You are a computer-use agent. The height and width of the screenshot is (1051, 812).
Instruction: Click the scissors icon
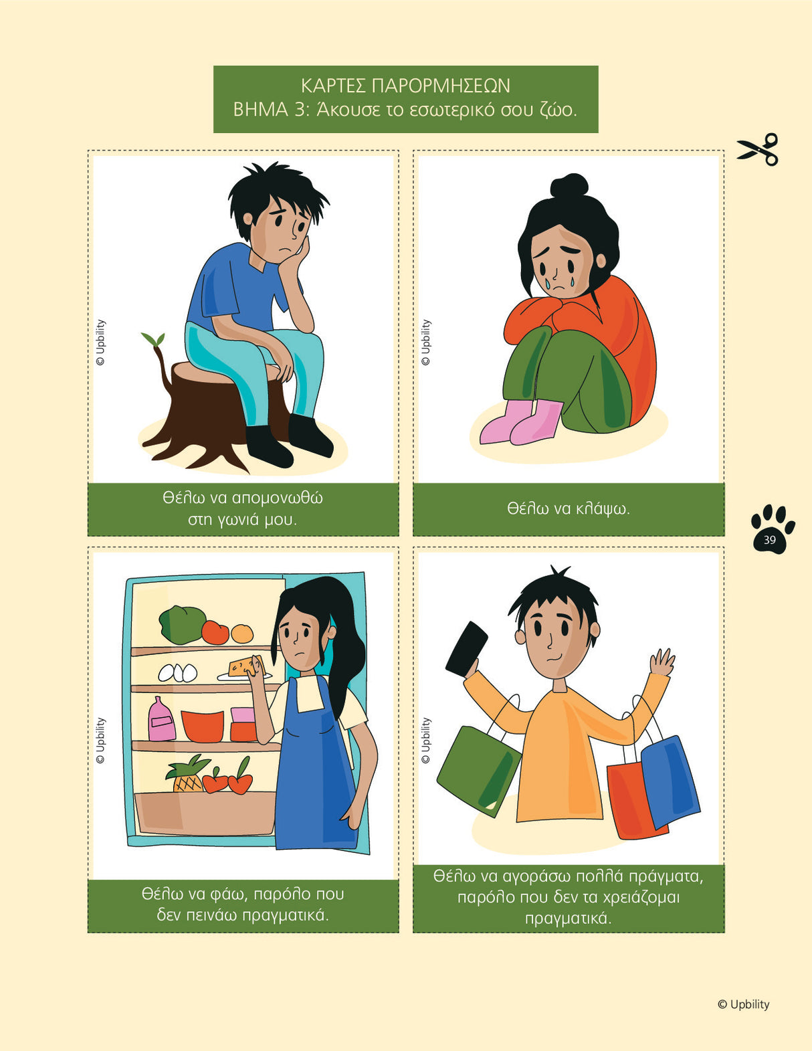point(757,149)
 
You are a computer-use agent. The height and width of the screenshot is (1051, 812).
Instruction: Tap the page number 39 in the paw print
point(769,539)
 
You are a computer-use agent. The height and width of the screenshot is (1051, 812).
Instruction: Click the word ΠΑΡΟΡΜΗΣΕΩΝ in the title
point(441,86)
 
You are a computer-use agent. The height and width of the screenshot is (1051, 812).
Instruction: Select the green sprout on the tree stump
point(153,339)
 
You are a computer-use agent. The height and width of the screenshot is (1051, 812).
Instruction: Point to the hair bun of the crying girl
point(569,185)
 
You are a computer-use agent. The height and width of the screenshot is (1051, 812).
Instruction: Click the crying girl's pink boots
point(521,421)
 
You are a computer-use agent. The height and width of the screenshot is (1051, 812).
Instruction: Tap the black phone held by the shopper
point(466,648)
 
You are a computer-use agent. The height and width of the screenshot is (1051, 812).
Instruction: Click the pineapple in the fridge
point(187,774)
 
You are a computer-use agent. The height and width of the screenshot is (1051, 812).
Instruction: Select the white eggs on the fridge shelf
point(178,672)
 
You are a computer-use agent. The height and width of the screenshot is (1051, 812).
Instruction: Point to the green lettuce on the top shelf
point(182,624)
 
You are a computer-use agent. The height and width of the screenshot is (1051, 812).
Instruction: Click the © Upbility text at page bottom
point(743,1004)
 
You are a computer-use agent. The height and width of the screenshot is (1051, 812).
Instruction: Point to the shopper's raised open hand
point(662,662)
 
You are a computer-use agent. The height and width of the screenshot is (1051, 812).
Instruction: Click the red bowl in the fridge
point(203,726)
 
